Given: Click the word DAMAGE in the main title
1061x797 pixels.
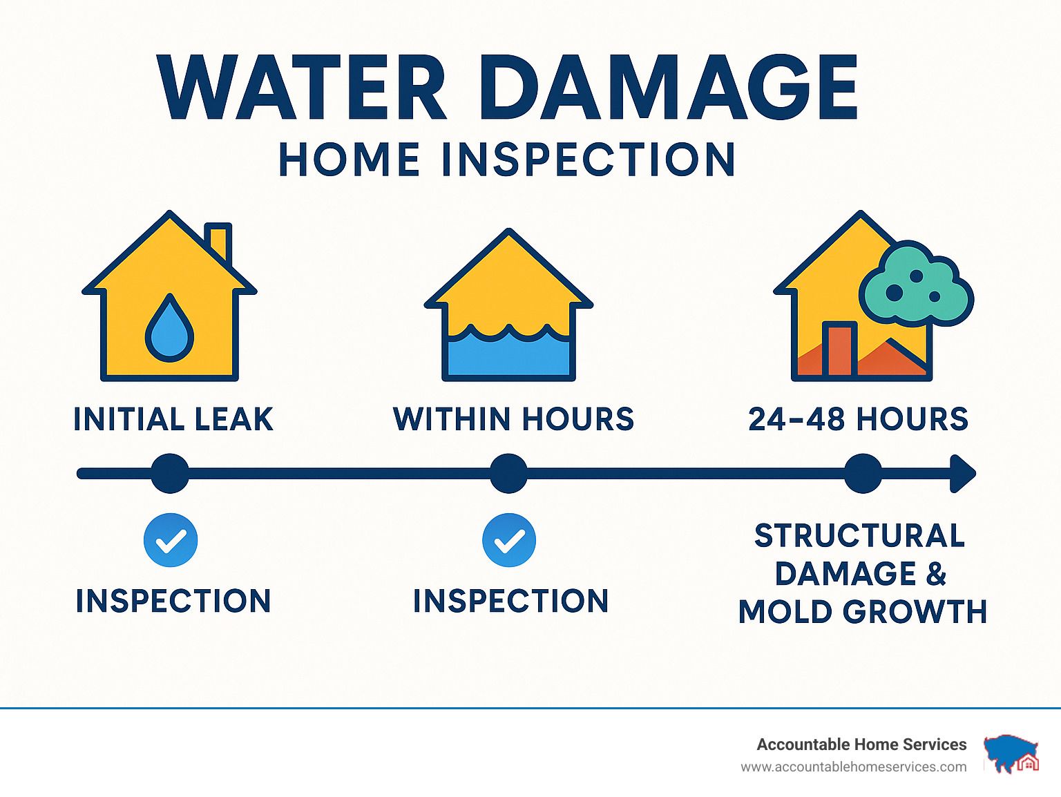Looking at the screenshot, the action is [669, 87].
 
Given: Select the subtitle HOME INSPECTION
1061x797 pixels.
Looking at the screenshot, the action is [507, 160].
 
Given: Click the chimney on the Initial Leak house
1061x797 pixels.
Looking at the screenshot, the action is [218, 242].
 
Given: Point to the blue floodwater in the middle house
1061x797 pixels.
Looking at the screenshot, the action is [508, 353].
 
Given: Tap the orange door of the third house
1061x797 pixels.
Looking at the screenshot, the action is [840, 349].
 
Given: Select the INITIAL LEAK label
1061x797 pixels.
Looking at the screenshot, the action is [173, 419].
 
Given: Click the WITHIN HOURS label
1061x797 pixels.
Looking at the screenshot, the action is [513, 419].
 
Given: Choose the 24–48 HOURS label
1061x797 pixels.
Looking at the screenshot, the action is [859, 419].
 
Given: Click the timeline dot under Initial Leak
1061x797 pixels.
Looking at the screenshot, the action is [170, 473].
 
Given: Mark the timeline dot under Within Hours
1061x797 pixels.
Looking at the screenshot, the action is [508, 473].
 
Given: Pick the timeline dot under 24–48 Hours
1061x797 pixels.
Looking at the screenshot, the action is [863, 473].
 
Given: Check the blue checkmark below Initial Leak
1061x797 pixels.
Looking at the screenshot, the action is [171, 540].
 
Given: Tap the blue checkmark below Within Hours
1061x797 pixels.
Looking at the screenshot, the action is [509, 540].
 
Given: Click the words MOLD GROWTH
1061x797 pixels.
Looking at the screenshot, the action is [863, 612].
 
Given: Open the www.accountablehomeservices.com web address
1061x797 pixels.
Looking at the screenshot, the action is [854, 767].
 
